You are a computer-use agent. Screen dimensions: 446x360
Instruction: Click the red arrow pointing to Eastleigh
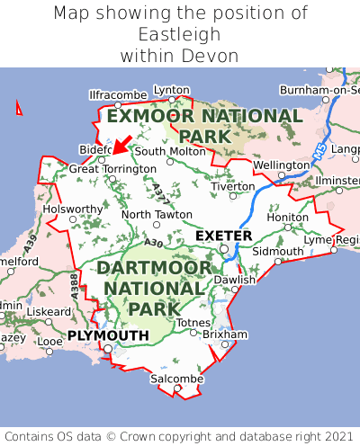pos(121,145)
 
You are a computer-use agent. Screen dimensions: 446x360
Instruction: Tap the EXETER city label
pos(223,236)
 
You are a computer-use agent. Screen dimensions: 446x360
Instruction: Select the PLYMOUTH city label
pos(107,335)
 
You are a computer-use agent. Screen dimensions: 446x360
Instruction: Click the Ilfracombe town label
pos(118,94)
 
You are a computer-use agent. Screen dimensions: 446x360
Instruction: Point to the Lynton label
pos(172,90)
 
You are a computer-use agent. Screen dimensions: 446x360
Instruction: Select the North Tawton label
pos(157,215)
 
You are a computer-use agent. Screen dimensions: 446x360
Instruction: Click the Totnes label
pos(193,322)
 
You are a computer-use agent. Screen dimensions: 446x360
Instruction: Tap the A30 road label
pos(153,243)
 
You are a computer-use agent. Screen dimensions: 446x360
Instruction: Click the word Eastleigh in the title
pos(180,34)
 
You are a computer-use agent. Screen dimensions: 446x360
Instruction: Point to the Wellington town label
pos(281,165)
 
